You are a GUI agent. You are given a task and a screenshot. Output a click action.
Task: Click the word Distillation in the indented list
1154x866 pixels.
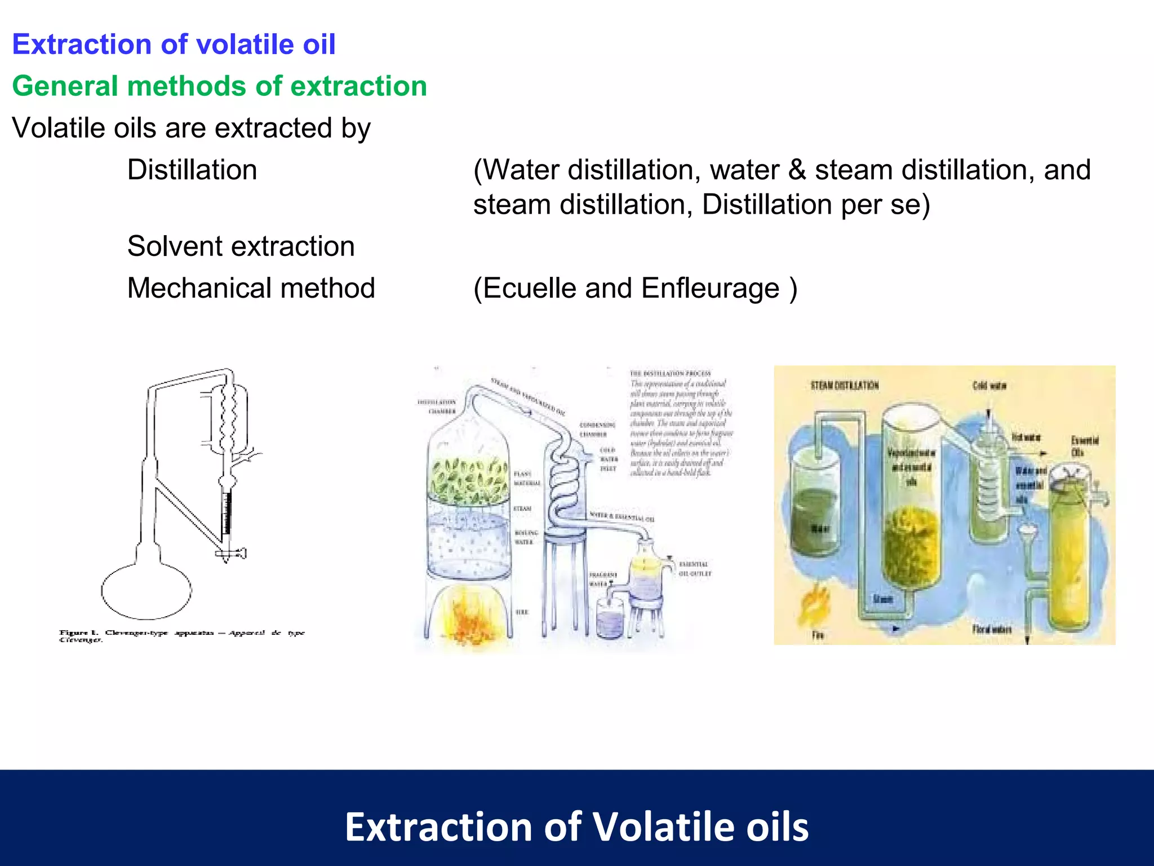coord(192,170)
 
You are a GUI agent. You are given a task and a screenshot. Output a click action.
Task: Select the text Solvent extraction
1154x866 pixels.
coord(241,246)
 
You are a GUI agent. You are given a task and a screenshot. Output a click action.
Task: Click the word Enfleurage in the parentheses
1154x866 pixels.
coord(711,289)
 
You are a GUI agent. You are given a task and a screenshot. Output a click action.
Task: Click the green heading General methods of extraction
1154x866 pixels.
coord(219,86)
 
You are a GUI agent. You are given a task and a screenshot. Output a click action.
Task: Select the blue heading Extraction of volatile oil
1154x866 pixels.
coord(174,45)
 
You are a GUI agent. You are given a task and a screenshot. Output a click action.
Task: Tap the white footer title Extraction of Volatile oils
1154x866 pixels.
coord(576,827)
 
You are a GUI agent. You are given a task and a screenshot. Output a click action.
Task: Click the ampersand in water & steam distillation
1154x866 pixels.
coord(797,170)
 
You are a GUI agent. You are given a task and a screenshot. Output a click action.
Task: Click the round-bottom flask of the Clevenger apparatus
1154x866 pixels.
coord(147,591)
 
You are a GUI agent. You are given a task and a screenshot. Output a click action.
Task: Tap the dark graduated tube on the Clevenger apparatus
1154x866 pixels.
coord(227,513)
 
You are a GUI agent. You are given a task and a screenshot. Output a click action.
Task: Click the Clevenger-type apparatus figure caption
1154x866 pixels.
coord(181,635)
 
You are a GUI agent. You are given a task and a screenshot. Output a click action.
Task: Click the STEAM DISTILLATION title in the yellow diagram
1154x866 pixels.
coord(844,386)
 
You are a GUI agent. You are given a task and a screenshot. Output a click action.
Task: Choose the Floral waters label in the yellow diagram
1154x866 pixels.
coord(992,629)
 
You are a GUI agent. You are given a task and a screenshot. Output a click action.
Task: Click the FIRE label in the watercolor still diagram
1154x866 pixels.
coord(522,612)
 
